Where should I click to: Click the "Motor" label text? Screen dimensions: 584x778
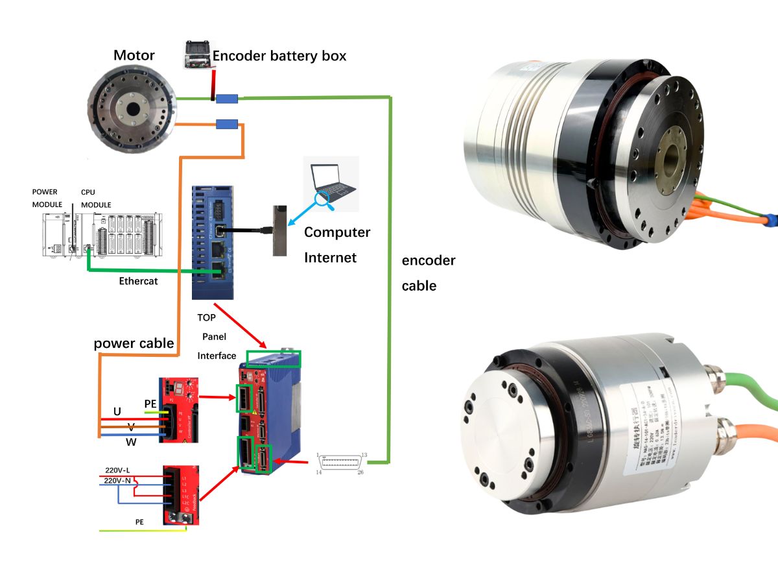(134, 55)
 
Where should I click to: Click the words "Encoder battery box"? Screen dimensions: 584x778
(279, 56)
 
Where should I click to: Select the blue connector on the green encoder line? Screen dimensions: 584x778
(226, 99)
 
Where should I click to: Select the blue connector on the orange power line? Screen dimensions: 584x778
(226, 124)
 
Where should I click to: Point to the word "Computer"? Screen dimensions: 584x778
(337, 232)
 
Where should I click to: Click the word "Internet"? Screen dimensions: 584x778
(330, 258)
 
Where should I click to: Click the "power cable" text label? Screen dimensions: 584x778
(134, 343)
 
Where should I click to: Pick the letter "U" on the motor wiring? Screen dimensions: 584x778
(117, 411)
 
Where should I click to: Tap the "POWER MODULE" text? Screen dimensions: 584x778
(45, 198)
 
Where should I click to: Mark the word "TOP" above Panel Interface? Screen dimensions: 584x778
(207, 319)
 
